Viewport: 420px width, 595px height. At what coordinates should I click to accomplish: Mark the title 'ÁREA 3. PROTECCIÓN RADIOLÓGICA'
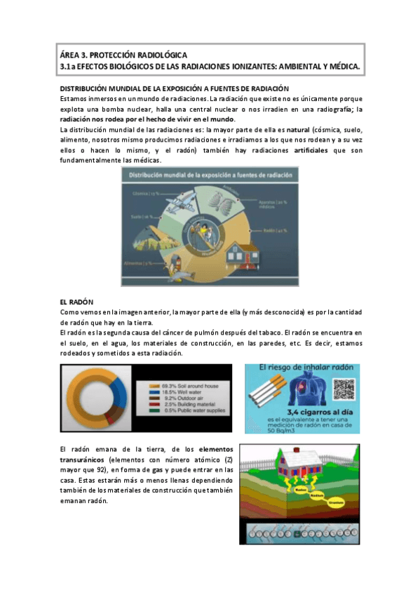(123, 54)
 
